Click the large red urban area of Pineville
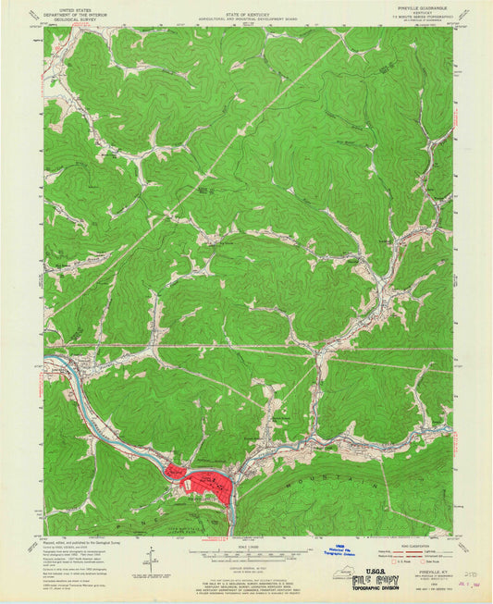[x=208, y=484]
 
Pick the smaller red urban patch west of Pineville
[x=175, y=472]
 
